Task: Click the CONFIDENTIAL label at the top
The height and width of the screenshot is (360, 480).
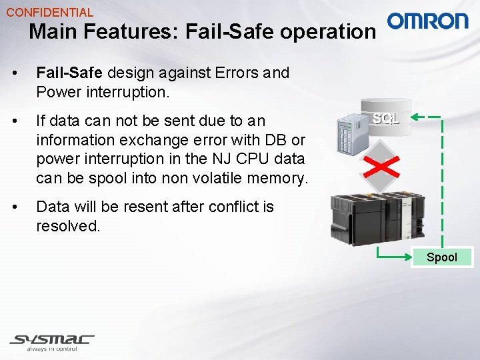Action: [x=50, y=12]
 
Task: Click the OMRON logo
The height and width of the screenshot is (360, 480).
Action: [x=428, y=21]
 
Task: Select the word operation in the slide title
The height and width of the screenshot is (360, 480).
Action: [x=329, y=31]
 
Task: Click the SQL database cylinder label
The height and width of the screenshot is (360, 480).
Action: [x=386, y=119]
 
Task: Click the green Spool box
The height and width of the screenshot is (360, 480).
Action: [x=441, y=257]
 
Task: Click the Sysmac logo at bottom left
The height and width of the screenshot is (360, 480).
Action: [x=52, y=339]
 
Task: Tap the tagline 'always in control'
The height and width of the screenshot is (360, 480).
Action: [x=52, y=349]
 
